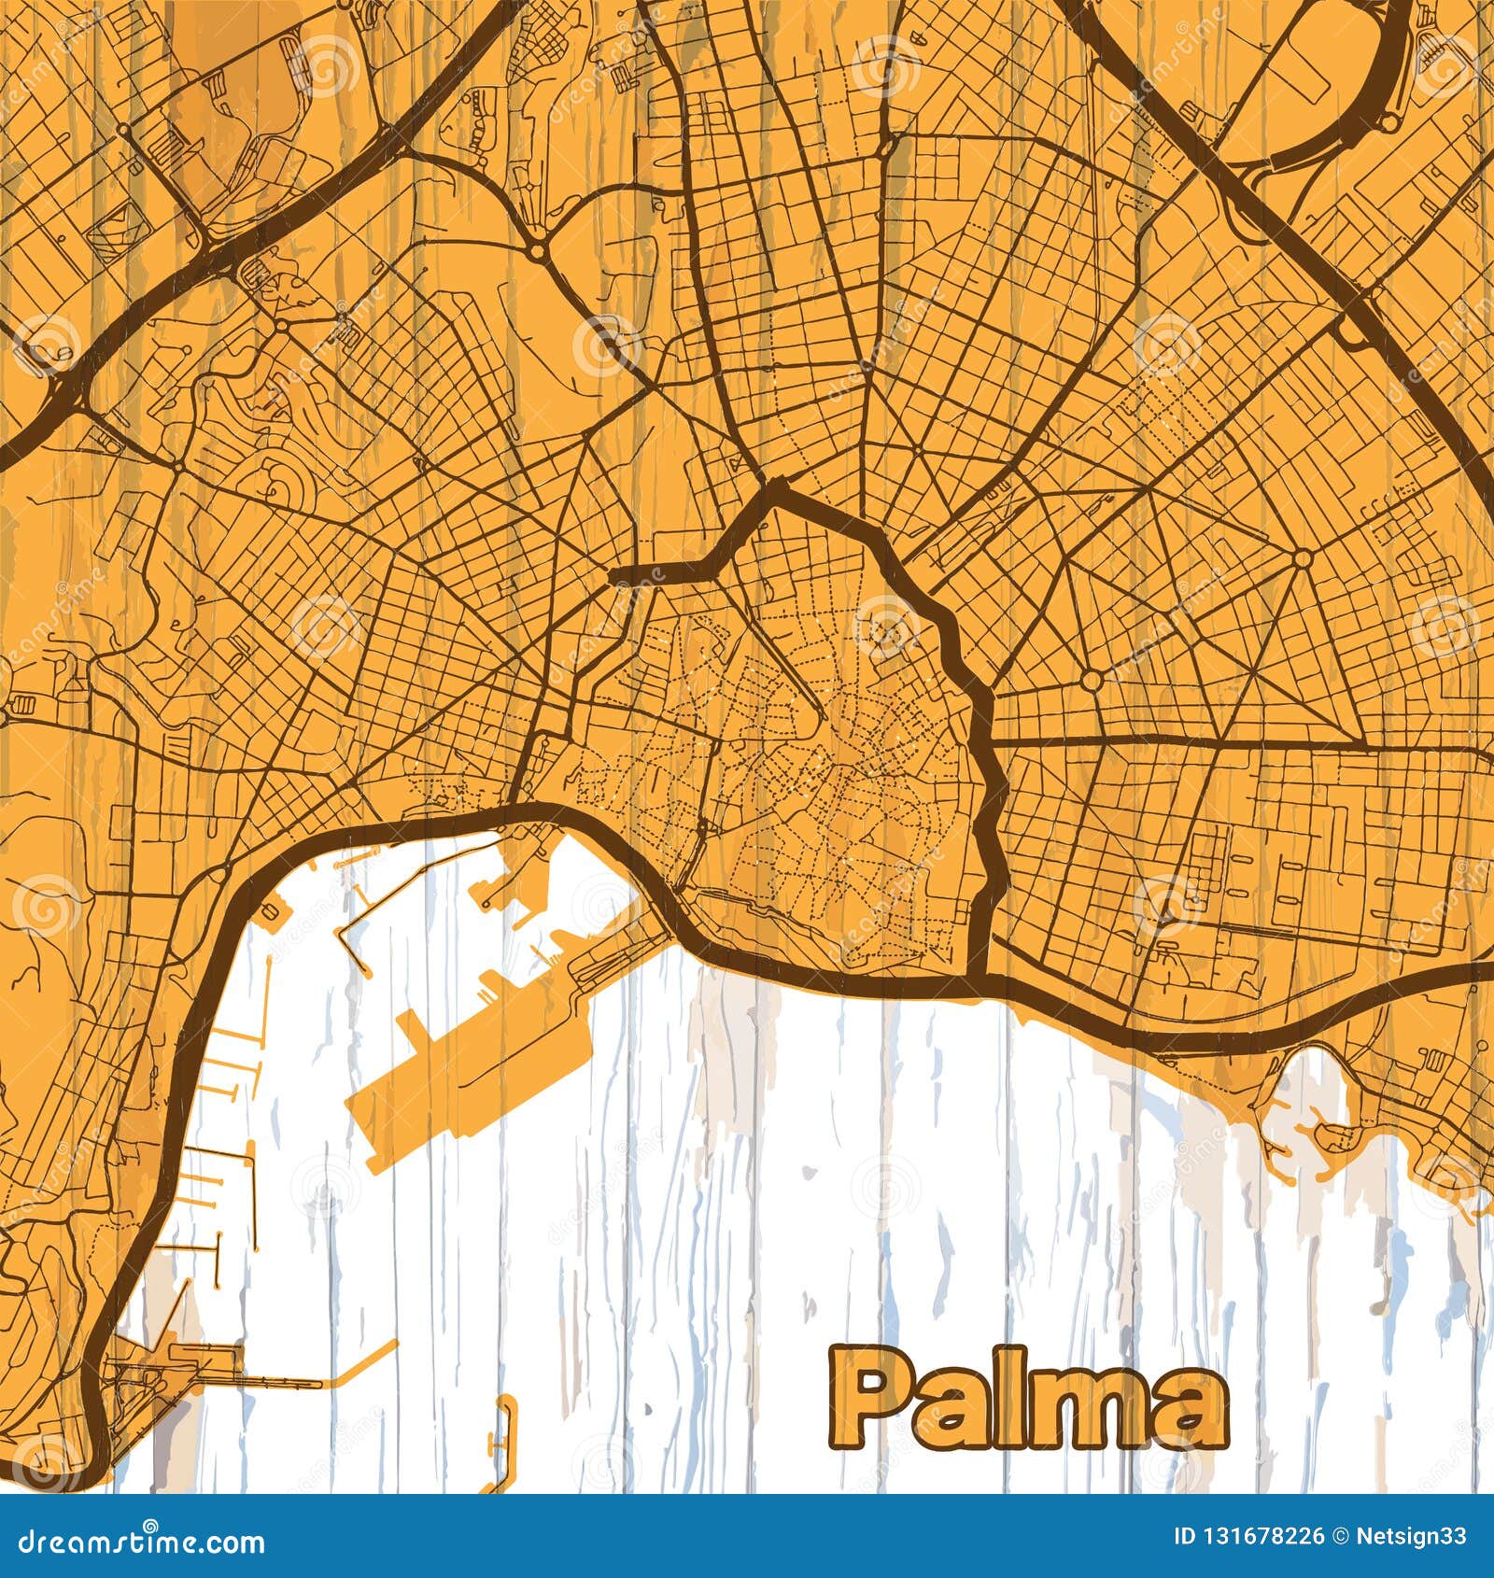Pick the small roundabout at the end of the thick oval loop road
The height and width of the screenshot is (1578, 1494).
(1388, 122)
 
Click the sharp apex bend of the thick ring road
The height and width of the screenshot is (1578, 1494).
(774, 486)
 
